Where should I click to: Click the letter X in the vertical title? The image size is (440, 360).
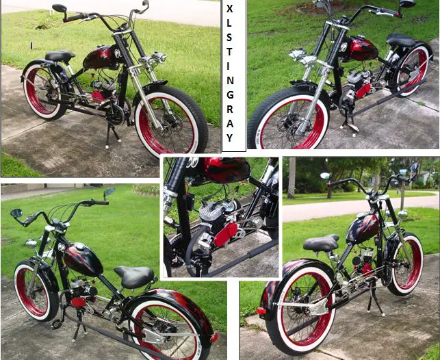[x=229, y=8]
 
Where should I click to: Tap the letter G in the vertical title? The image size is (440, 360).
[x=230, y=95]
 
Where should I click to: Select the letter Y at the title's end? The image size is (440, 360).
[x=230, y=138]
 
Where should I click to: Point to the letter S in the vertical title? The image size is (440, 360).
[x=229, y=38]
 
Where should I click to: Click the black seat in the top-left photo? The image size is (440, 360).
[x=60, y=56]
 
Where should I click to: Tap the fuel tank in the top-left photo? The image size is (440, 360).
[x=101, y=57]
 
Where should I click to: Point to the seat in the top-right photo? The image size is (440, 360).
[x=401, y=40]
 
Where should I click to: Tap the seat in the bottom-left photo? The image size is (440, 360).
[x=134, y=277]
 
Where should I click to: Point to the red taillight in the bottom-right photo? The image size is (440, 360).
[x=261, y=311]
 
